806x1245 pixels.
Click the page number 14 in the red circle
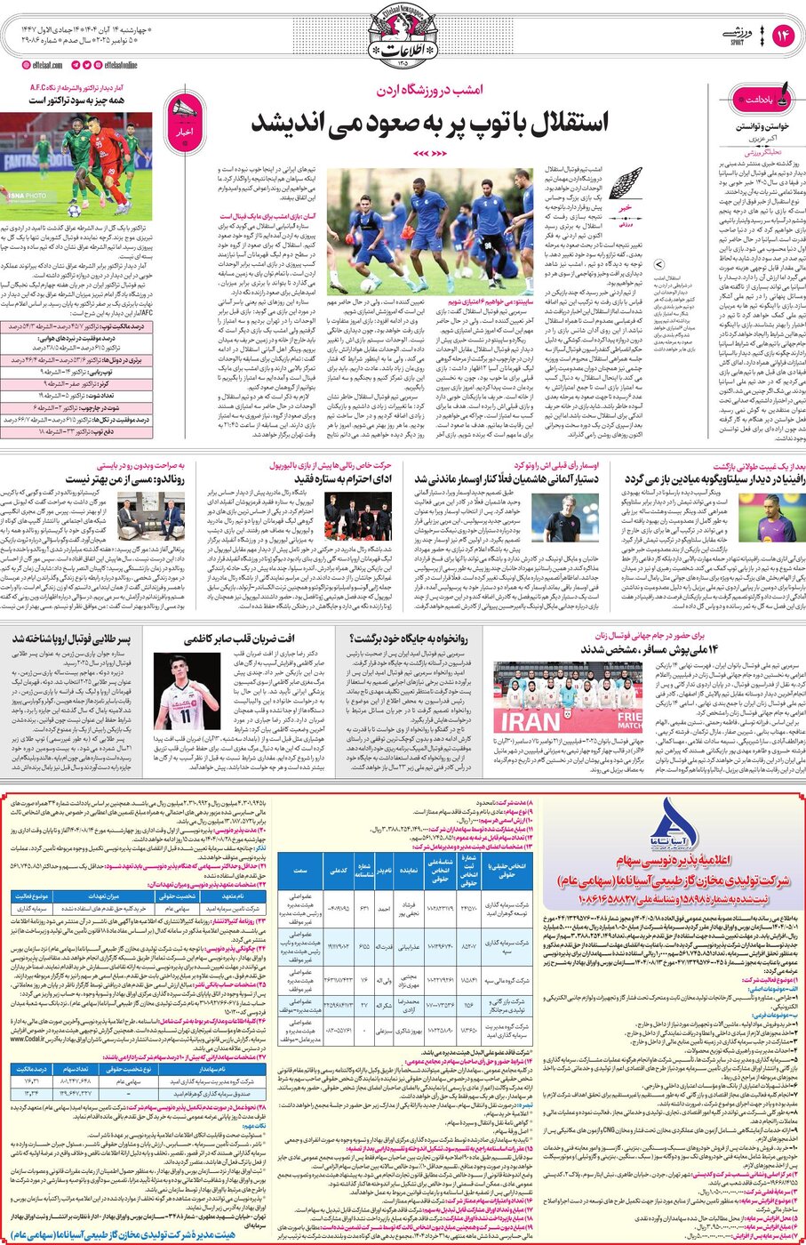784,36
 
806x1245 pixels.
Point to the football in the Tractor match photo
75,211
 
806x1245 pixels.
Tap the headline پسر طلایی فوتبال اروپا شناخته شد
71,639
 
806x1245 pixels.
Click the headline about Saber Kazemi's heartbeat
239,639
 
